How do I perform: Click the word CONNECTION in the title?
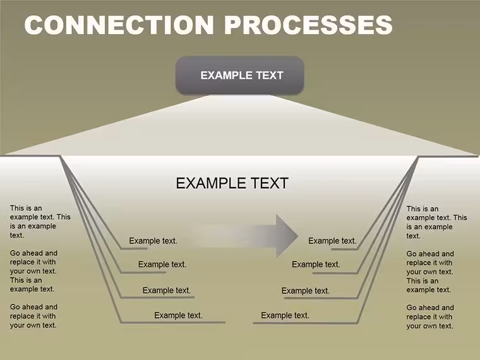(119, 25)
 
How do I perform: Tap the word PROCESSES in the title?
(308, 25)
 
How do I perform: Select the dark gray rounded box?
(240, 75)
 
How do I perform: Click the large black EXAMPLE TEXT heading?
(232, 183)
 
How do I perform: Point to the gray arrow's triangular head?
(286, 236)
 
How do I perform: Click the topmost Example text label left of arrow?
(153, 241)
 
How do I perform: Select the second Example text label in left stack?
(162, 265)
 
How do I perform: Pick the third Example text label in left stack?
(167, 290)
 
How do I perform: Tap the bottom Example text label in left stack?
(178, 315)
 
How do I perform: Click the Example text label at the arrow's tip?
(332, 241)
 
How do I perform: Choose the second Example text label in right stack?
(316, 265)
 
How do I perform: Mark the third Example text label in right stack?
(306, 291)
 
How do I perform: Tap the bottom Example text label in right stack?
(285, 315)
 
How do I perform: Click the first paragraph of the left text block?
(40, 222)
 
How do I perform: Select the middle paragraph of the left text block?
(33, 271)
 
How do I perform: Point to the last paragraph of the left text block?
(33, 316)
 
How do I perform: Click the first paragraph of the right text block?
(437, 222)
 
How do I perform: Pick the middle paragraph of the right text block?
(430, 272)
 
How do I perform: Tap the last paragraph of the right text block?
(430, 316)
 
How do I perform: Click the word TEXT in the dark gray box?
(270, 75)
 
